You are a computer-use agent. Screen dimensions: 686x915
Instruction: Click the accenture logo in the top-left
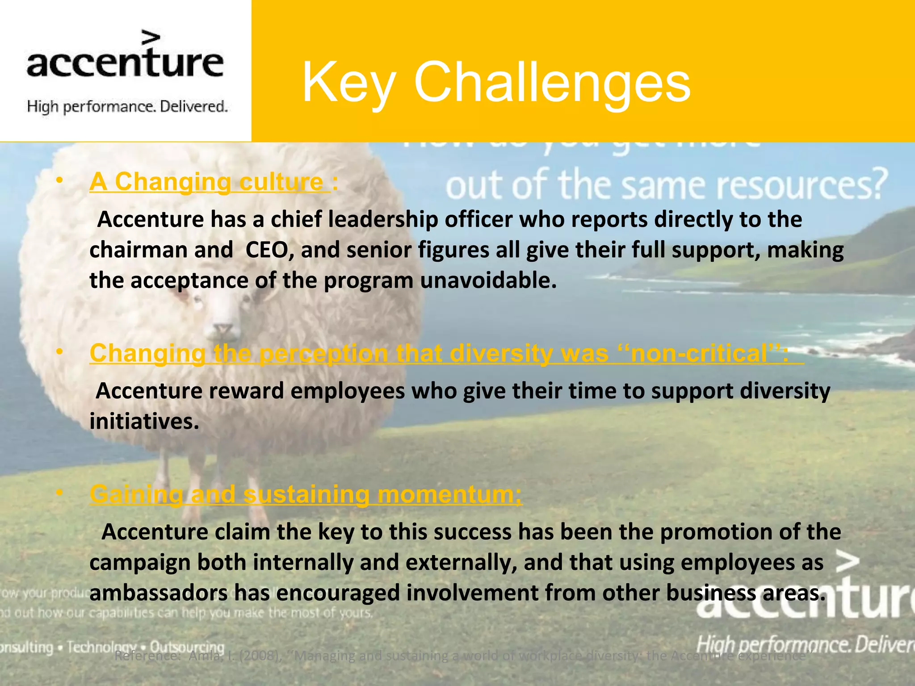pos(125,56)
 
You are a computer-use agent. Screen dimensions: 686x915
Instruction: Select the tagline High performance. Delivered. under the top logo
pos(127,107)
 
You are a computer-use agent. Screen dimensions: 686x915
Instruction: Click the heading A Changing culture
pos(210,182)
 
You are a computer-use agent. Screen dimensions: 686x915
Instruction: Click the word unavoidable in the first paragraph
pos(488,280)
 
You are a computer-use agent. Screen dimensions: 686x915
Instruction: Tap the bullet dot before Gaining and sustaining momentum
pos(59,492)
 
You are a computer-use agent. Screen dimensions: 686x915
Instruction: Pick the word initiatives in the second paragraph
pos(144,421)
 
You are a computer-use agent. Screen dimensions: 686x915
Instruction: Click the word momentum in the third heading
pos(449,494)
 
